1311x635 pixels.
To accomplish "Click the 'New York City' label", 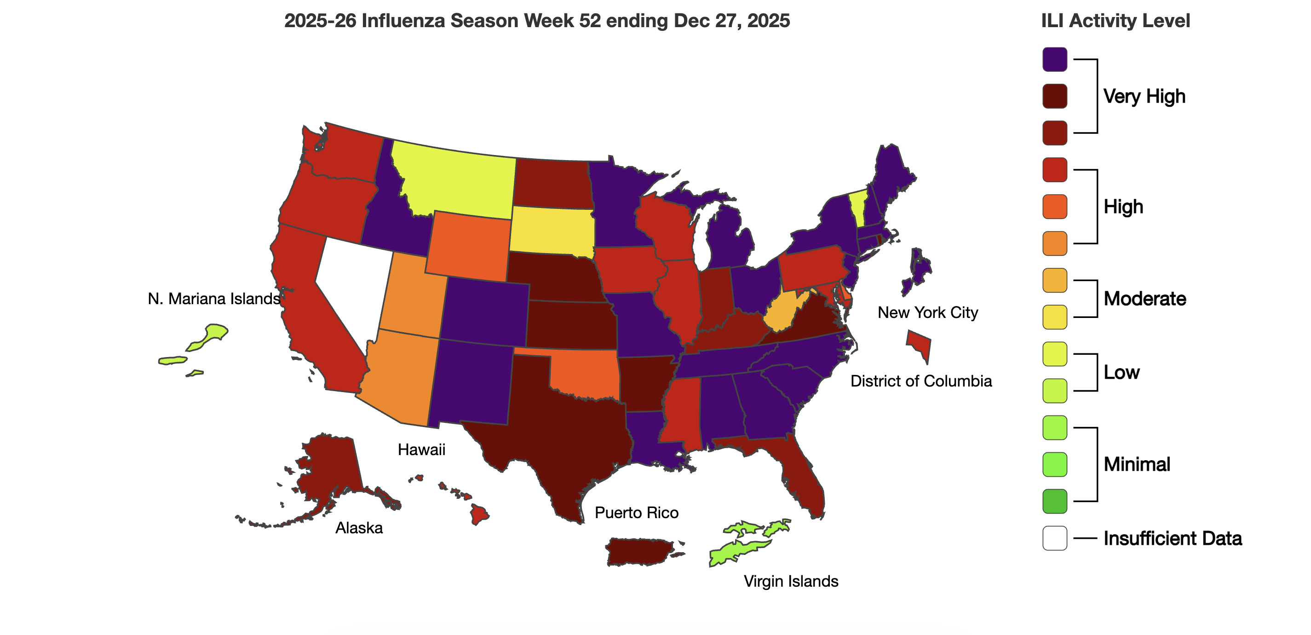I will click(927, 312).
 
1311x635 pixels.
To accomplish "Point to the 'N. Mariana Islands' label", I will click(214, 299).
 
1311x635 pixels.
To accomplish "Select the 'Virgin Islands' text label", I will click(791, 581).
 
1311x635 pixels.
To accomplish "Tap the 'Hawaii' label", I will click(421, 450).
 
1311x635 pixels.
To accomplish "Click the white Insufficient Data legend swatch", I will click(1054, 538).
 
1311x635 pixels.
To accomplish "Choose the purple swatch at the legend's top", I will click(1054, 59).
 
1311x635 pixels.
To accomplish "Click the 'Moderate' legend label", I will click(1144, 299).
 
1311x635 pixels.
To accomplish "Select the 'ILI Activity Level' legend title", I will click(1115, 21).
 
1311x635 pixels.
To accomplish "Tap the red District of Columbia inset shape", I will click(920, 344).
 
